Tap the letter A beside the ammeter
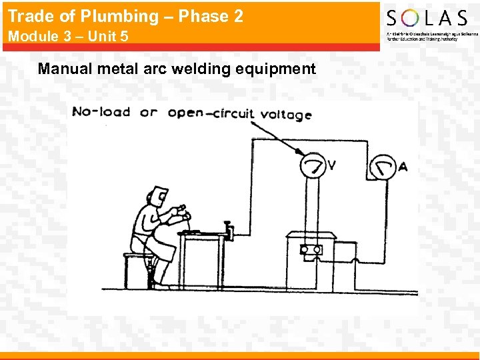click(402, 167)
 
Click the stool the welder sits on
click(139, 270)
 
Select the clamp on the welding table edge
click(229, 231)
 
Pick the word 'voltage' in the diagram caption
click(286, 115)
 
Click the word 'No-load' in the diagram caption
click(101, 111)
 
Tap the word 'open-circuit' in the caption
click(211, 113)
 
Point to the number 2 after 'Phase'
click(238, 16)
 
